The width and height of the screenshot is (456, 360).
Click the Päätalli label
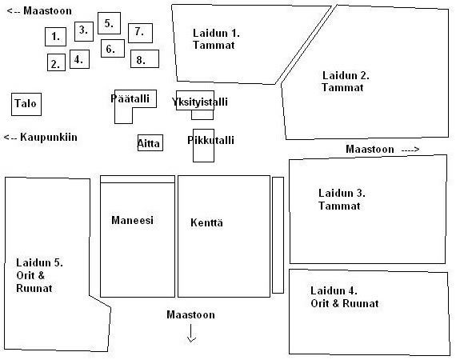[130, 98]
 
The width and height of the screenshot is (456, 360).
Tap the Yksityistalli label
[199, 102]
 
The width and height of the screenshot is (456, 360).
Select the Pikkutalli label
[210, 140]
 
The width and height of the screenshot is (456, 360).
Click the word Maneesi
[132, 220]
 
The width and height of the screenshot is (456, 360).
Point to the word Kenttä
[206, 222]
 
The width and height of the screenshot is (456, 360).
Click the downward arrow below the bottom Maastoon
[191, 334]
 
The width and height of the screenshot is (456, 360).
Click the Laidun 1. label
[216, 33]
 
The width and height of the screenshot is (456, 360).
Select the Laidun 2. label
[346, 76]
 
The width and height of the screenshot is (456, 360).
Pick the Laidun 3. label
[342, 193]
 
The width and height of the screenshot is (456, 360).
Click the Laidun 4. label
[334, 290]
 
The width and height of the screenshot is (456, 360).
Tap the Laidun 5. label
[39, 262]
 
